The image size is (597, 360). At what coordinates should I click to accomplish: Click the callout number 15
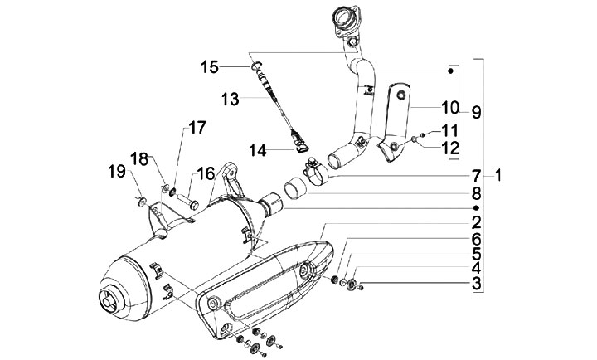[x=211, y=66]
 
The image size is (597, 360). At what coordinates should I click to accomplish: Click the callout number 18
[x=140, y=158]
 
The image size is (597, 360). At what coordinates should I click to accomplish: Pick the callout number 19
[x=114, y=173]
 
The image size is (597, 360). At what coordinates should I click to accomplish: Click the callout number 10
[x=449, y=107]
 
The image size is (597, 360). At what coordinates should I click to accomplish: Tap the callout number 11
[x=449, y=129]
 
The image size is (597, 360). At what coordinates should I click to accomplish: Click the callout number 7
[x=476, y=176]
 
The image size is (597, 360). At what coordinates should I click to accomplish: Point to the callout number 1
[x=498, y=176]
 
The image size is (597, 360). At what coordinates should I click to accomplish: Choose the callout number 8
[x=476, y=192]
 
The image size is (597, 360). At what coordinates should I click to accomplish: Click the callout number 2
[x=476, y=222]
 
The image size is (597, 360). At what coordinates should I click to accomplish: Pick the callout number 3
[x=476, y=285]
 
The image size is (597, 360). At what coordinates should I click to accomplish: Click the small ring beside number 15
[x=256, y=65]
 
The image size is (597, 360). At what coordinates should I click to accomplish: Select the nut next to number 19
[x=142, y=200]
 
